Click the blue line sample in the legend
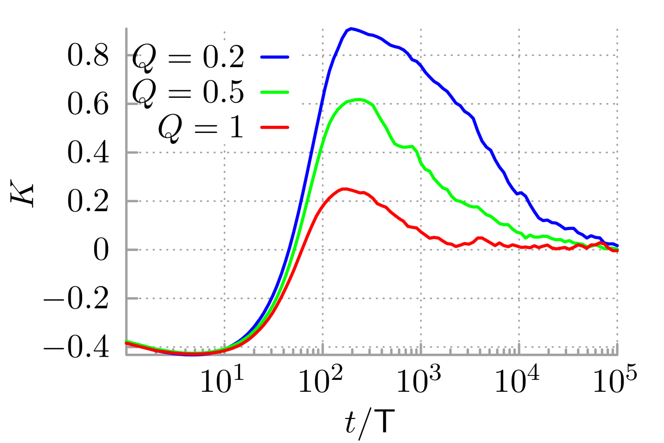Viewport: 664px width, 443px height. coord(274,57)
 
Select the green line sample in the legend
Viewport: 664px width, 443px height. coord(274,92)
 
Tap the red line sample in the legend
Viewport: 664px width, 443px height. coord(274,128)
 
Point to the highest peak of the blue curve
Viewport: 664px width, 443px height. coord(351,29)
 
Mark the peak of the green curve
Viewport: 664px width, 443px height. coord(358,100)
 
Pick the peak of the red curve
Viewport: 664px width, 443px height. coord(344,189)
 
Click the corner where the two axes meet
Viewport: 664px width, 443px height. coord(127,355)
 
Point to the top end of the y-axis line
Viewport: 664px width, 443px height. coord(127,29)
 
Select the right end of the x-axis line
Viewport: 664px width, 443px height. coord(617,355)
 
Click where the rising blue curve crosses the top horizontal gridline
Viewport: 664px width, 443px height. coord(334,56)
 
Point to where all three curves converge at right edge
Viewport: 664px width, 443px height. coord(616,248)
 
